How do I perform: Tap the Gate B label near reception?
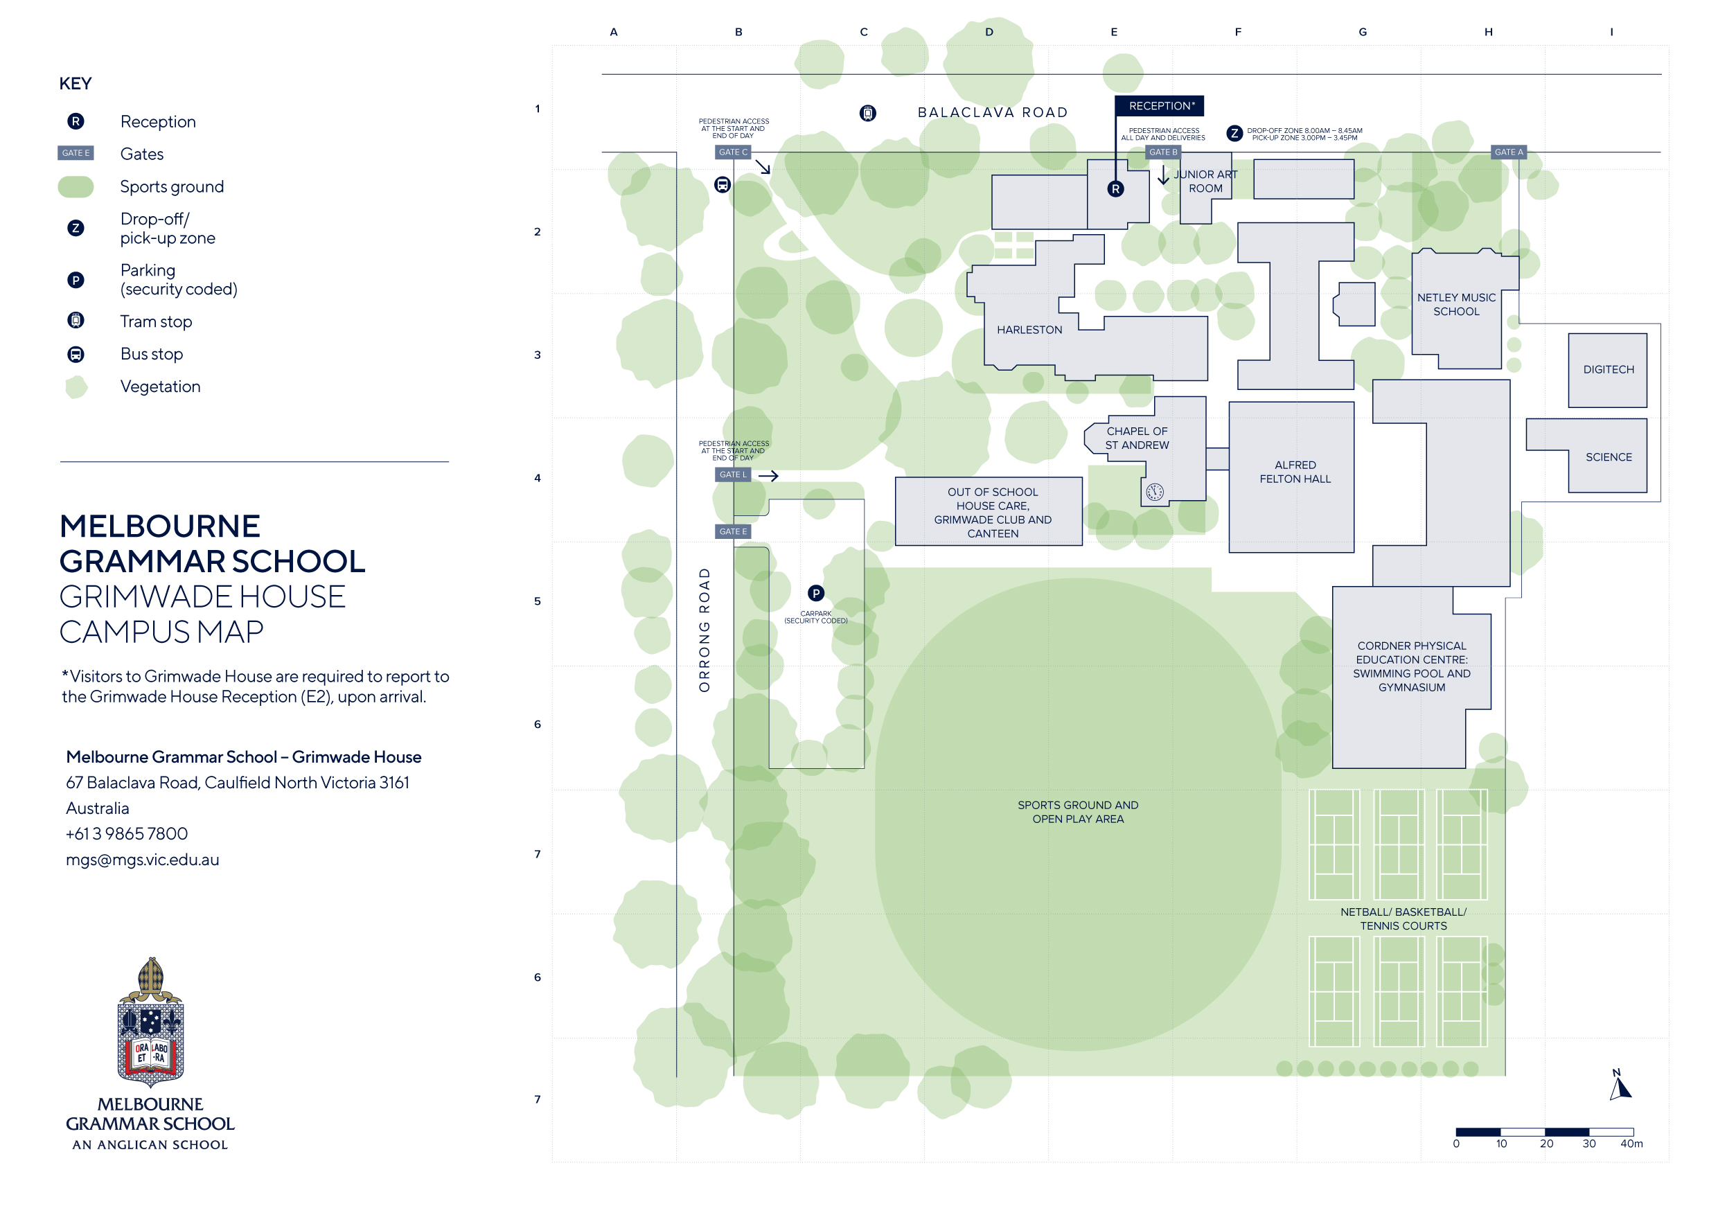pyautogui.click(x=1163, y=152)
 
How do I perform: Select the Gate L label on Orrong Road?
pyautogui.click(x=732, y=475)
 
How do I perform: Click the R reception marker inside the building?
pyautogui.click(x=1115, y=188)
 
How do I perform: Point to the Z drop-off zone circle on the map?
pyautogui.click(x=1234, y=133)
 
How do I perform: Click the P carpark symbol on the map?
pyautogui.click(x=815, y=593)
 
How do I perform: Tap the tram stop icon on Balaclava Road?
pyautogui.click(x=867, y=113)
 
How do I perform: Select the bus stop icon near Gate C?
pyautogui.click(x=722, y=184)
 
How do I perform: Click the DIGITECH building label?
pyautogui.click(x=1608, y=370)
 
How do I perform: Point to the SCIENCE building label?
pyautogui.click(x=1608, y=457)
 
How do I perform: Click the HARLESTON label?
pyautogui.click(x=1029, y=330)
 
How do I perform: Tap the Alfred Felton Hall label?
pyautogui.click(x=1295, y=472)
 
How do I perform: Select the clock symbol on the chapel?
pyautogui.click(x=1155, y=492)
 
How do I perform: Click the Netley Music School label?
pyautogui.click(x=1455, y=305)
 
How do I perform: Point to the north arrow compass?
pyautogui.click(x=1619, y=1085)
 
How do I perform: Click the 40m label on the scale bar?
pyautogui.click(x=1631, y=1144)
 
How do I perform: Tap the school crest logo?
pyautogui.click(x=150, y=1022)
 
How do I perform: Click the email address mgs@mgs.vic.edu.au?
pyautogui.click(x=142, y=860)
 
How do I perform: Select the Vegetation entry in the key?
pyautogui.click(x=160, y=387)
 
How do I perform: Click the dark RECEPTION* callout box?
pyautogui.click(x=1159, y=105)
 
